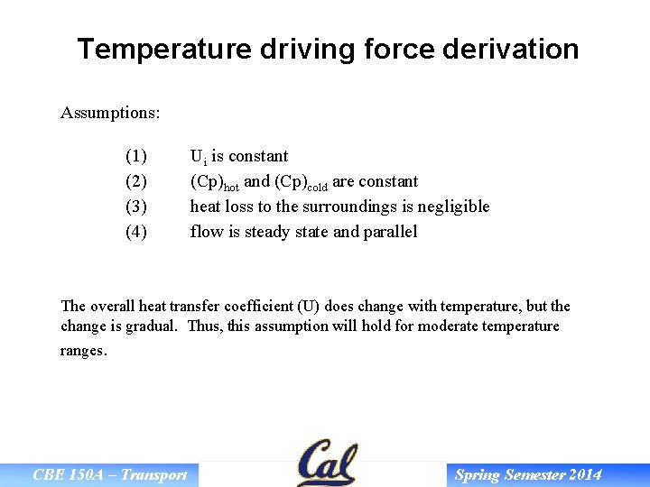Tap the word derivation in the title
511,49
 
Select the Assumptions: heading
110,114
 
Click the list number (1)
136,156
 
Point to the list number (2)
136,181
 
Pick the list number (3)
136,207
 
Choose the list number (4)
136,232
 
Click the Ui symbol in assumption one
198,157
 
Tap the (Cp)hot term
214,182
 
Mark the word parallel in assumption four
390,232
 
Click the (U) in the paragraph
334,307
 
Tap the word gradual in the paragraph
151,326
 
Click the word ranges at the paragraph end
83,351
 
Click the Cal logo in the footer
327,464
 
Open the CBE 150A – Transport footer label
110,475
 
